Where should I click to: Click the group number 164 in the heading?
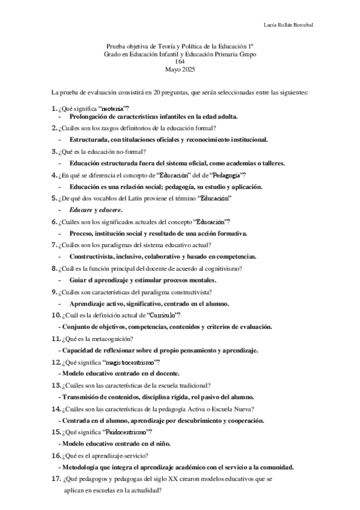180,62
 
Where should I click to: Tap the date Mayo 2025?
180,69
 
